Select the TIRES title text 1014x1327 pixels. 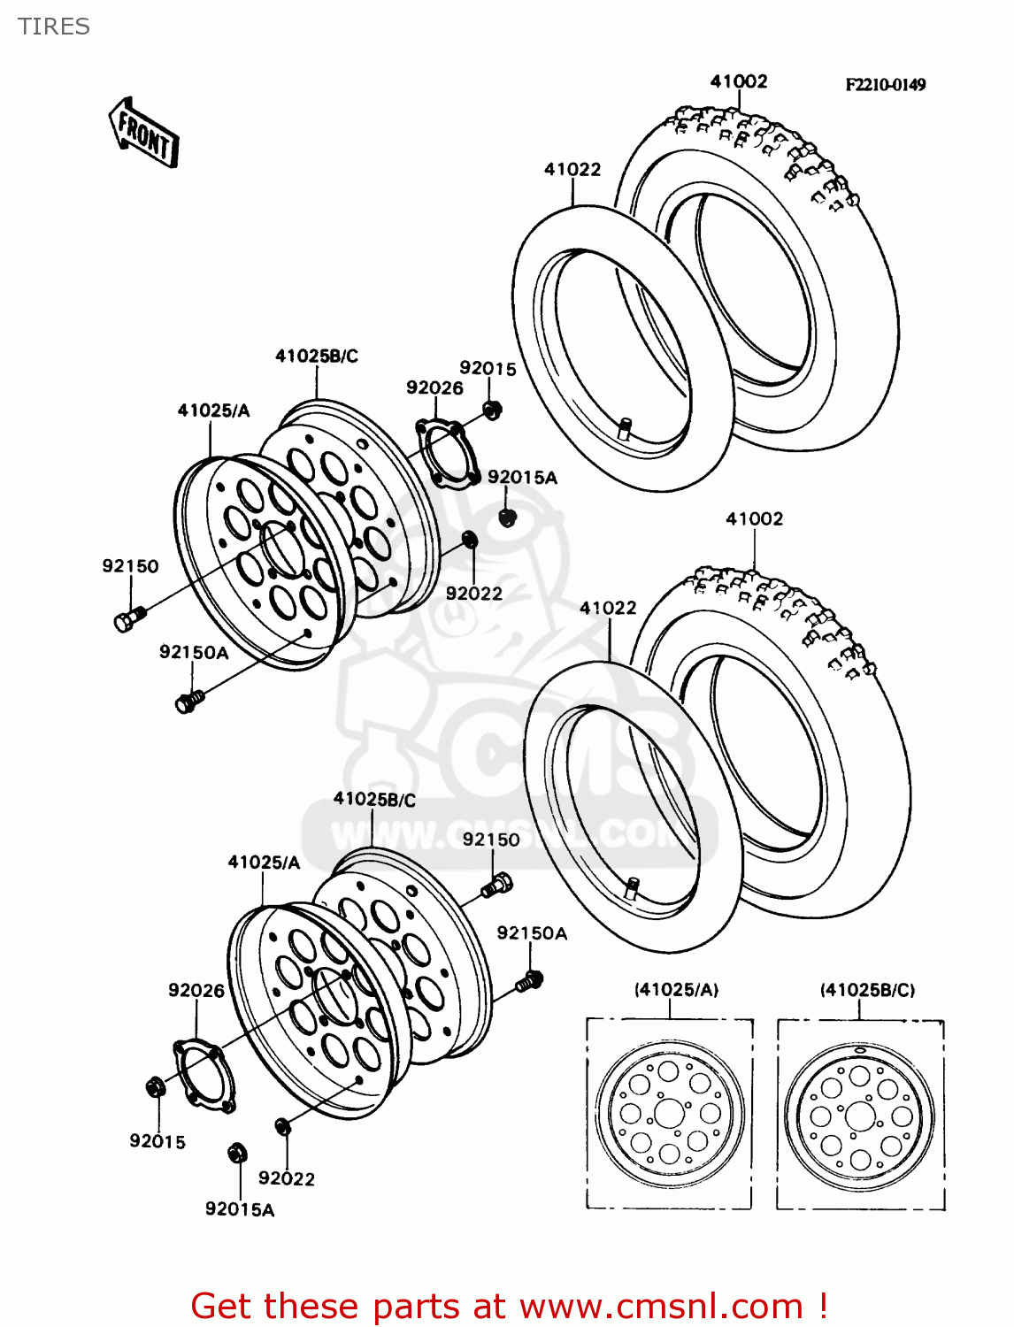pos(54,27)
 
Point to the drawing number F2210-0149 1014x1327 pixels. pos(885,85)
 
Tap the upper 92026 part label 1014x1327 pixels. pos(434,387)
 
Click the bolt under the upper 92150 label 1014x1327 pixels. pos(128,618)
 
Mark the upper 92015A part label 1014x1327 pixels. pos(522,478)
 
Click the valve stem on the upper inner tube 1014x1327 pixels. pos(625,428)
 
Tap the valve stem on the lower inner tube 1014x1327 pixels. pos(632,886)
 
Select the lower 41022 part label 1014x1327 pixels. pos(608,608)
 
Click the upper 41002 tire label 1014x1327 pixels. pos(739,81)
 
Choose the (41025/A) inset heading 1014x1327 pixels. pos(676,990)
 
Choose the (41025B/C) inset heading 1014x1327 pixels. pos(867,990)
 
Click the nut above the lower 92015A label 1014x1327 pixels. pos(237,1153)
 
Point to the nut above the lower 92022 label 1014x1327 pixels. pos(283,1126)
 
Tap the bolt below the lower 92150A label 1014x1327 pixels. pos(530,980)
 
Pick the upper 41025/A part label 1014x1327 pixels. pos(213,410)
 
